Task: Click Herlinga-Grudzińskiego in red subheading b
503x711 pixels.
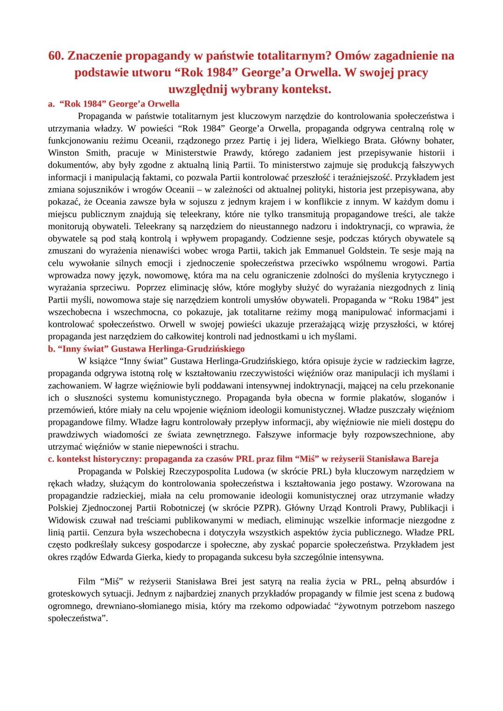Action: pyautogui.click(x=200, y=349)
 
